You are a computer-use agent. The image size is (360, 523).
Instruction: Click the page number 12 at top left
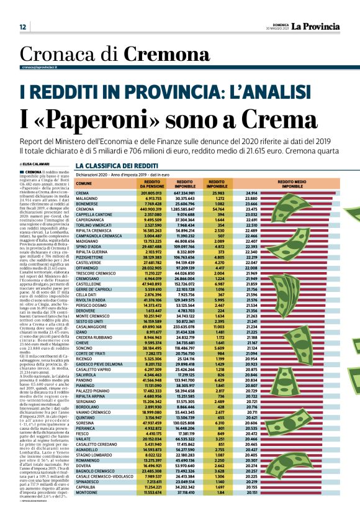[x=22, y=27]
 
